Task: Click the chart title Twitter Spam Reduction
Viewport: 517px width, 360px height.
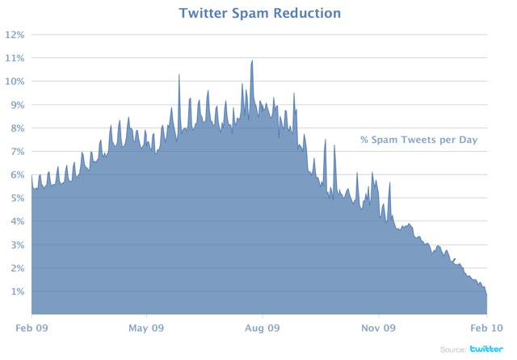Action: (x=258, y=14)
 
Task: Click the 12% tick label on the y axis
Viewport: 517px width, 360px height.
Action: (x=15, y=35)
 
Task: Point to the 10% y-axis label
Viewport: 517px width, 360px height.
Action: (x=15, y=82)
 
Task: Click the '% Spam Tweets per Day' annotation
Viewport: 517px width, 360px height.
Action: (x=419, y=140)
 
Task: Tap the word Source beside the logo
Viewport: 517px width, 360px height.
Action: (x=452, y=350)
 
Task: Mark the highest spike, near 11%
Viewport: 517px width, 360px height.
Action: (x=252, y=61)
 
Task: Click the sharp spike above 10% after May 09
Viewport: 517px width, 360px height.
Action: (x=179, y=75)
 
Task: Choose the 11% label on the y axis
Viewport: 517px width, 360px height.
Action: (x=15, y=58)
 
